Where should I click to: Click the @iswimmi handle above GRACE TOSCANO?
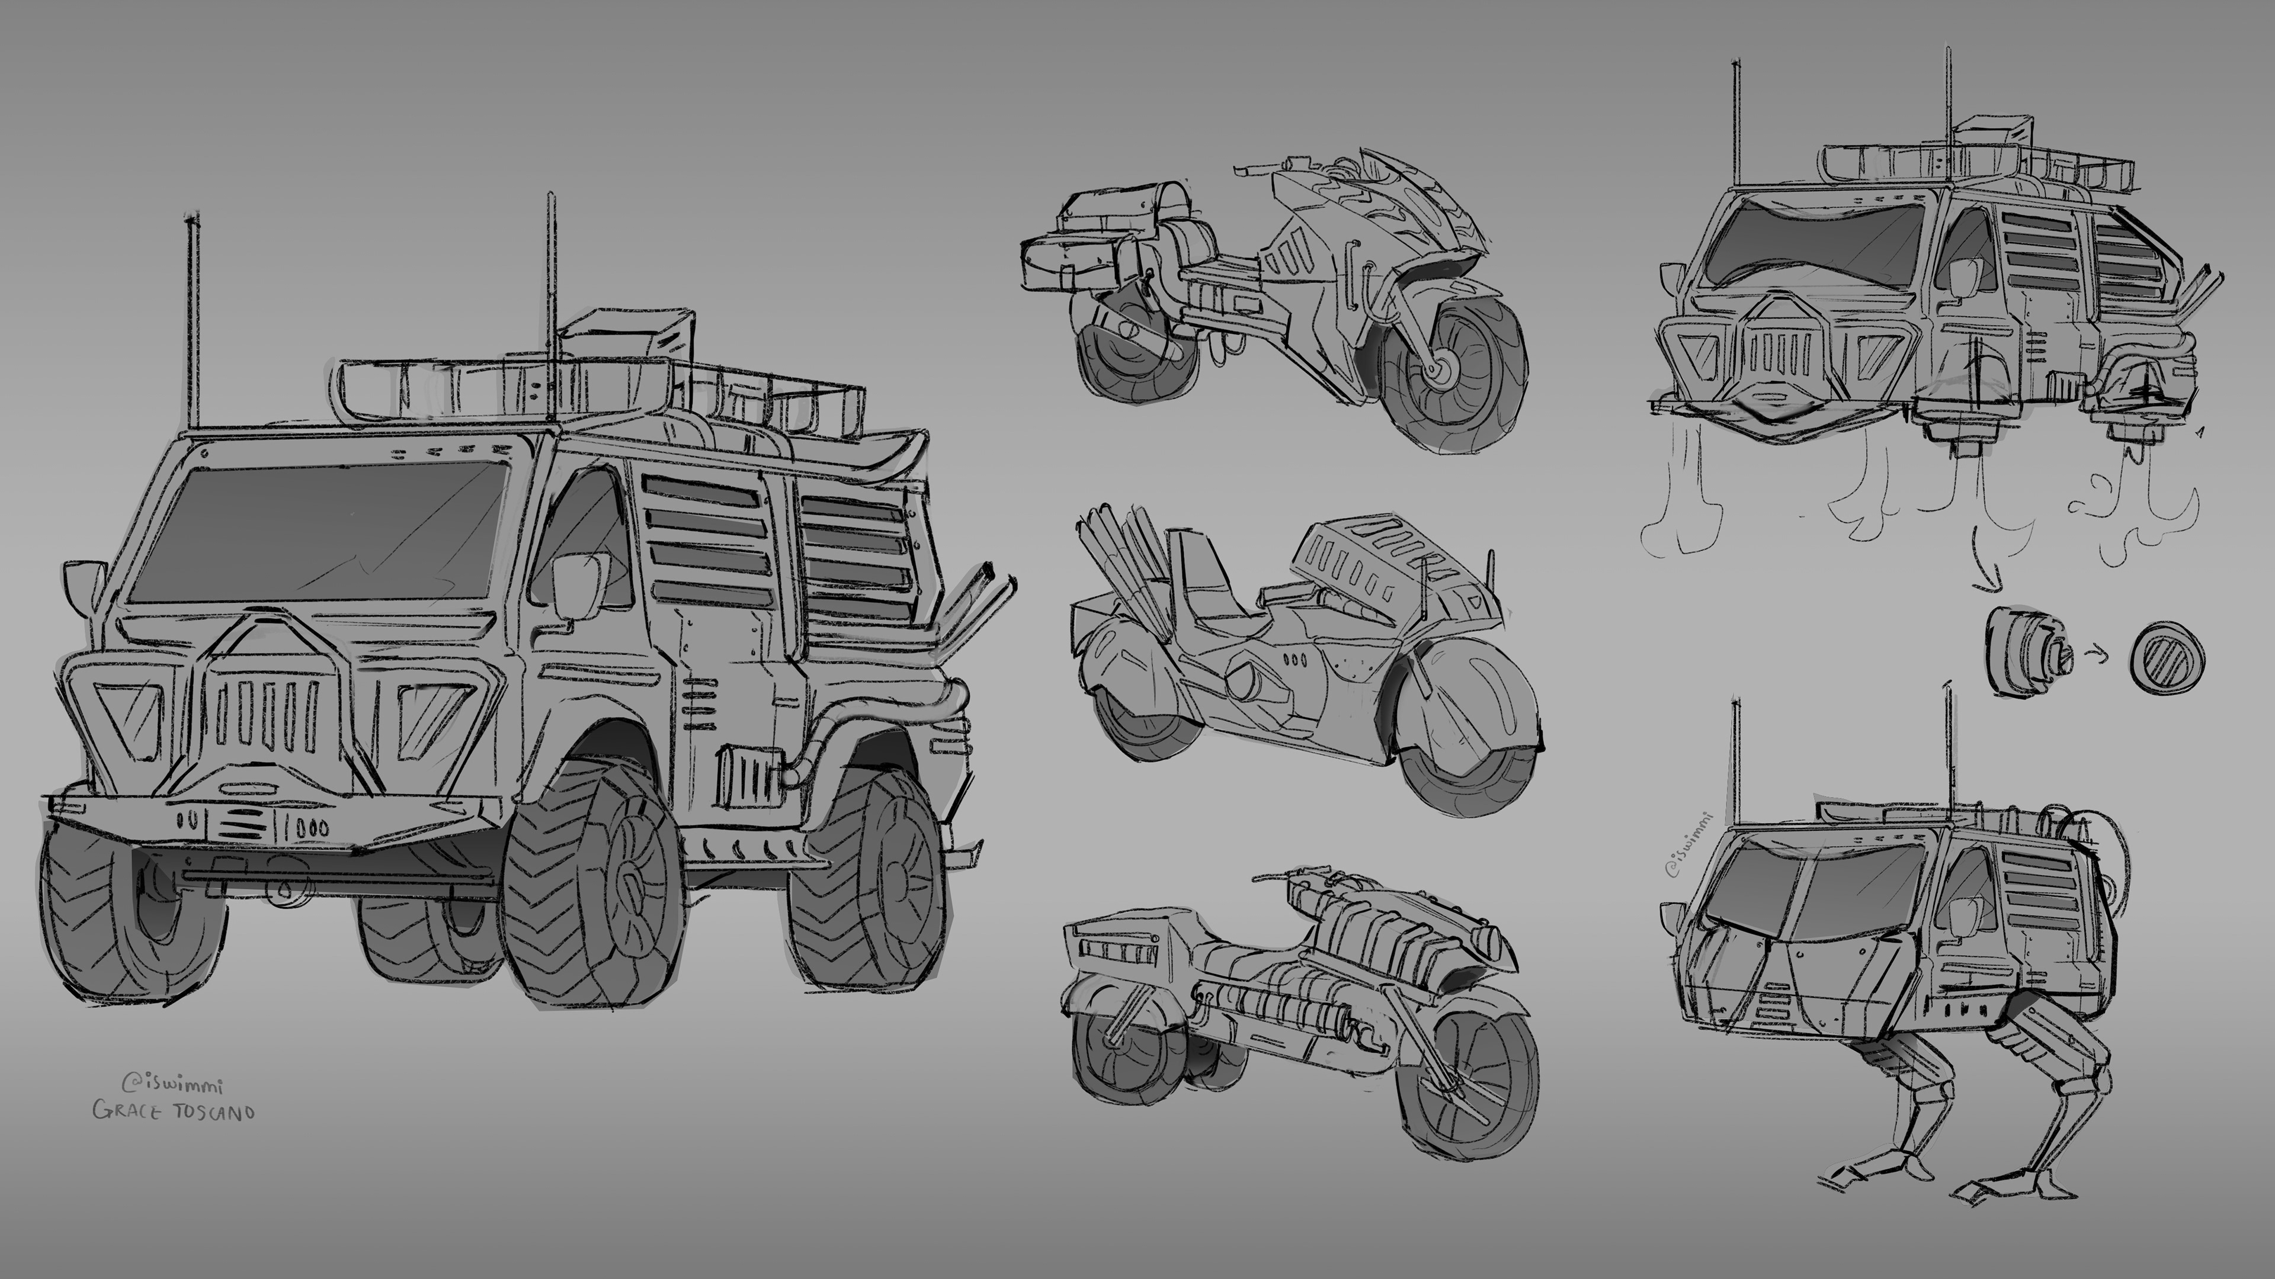[172, 1083]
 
